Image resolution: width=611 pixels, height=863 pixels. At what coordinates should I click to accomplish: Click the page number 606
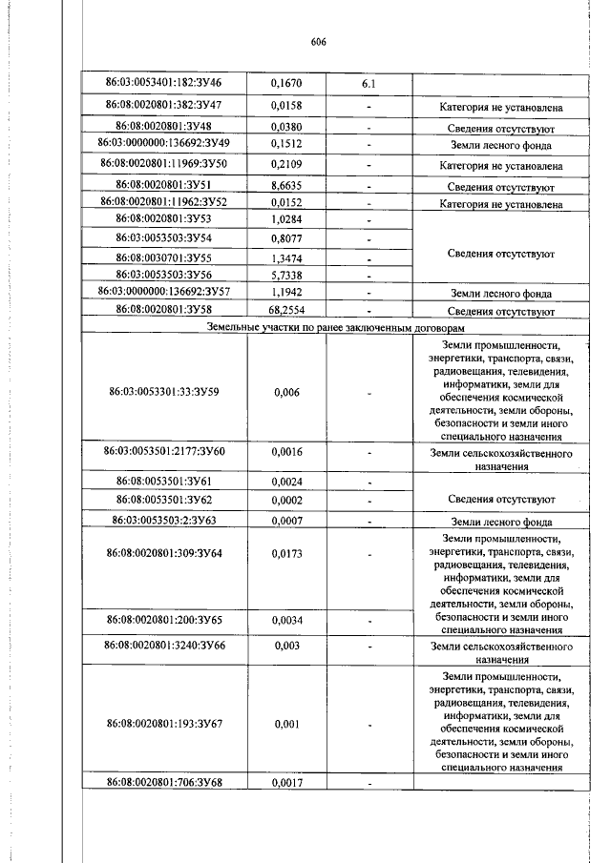(319, 42)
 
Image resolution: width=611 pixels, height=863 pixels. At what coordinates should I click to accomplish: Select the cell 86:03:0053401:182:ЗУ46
(163, 84)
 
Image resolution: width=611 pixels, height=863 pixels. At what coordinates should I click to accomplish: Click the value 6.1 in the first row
(368, 84)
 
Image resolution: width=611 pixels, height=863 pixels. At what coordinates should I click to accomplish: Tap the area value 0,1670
(286, 84)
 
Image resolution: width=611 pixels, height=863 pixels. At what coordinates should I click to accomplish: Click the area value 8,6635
(286, 186)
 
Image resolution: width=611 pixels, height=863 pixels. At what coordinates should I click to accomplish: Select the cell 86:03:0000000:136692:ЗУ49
(163, 144)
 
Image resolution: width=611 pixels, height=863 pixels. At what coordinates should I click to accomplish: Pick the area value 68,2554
(286, 311)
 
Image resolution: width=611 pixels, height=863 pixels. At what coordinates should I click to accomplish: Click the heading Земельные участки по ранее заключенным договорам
(340, 326)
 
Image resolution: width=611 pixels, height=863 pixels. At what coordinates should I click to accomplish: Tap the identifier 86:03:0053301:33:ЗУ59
(163, 392)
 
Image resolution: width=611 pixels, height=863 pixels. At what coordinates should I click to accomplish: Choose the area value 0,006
(286, 392)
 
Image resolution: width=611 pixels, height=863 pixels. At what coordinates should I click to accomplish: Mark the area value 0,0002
(286, 500)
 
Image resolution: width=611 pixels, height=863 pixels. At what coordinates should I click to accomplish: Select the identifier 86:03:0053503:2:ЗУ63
(163, 522)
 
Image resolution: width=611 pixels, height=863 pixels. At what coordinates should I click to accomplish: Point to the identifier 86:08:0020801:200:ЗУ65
(163, 621)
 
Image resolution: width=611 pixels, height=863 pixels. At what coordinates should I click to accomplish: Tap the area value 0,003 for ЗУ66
(286, 646)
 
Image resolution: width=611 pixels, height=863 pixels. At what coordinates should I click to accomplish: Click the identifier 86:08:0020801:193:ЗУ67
(163, 724)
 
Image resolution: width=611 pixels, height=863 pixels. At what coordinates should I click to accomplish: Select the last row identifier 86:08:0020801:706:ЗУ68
(163, 783)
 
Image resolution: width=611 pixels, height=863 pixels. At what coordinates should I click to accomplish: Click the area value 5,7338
(286, 275)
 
